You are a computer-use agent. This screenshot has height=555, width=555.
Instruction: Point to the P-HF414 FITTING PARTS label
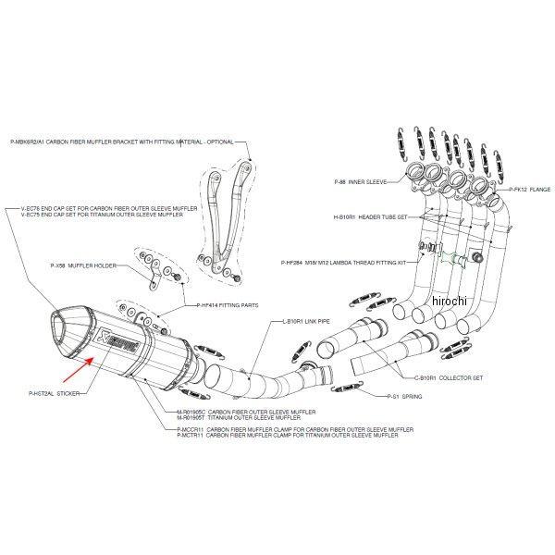(228, 304)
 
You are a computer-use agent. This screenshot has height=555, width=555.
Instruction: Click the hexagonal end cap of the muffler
(68, 330)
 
